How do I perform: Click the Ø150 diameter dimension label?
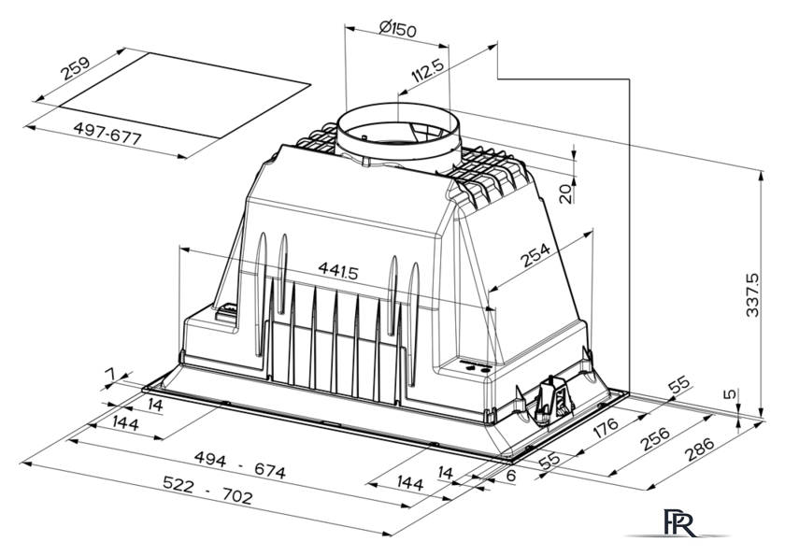click(397, 29)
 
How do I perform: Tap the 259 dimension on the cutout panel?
click(75, 68)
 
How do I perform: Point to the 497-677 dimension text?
click(107, 133)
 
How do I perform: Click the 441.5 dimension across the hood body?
click(338, 271)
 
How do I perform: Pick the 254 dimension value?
click(535, 255)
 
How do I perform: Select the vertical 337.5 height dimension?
click(752, 295)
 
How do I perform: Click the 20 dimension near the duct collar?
click(565, 194)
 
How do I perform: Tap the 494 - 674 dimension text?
click(240, 465)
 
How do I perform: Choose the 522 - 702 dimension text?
click(207, 490)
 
